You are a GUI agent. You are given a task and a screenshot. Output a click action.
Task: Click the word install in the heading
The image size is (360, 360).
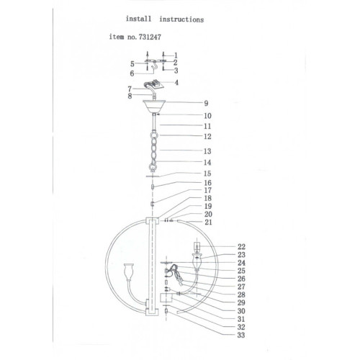[139, 19]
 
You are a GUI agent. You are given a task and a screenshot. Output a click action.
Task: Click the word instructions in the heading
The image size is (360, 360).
[181, 19]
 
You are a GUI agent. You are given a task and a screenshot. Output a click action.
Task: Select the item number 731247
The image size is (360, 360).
[149, 37]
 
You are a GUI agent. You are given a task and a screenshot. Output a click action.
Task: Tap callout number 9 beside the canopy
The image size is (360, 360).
[206, 104]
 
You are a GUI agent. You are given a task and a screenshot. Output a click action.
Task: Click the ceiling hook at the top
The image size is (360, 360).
[155, 66]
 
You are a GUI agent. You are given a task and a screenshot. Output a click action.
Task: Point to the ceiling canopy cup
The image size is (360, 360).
[154, 106]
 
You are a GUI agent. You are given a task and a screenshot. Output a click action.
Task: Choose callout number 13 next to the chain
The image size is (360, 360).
[207, 151]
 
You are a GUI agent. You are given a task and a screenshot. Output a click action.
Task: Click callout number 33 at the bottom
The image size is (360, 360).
[241, 335]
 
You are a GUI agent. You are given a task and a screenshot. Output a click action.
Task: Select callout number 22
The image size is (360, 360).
[242, 247]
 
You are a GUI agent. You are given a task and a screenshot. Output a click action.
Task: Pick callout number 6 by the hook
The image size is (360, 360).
[132, 73]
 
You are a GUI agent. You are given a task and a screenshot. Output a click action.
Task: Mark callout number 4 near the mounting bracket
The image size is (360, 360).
[176, 83]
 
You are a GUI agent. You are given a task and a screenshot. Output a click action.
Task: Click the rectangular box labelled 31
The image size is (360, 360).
[166, 297]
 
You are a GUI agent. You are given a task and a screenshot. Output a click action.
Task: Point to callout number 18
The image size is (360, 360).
[208, 198]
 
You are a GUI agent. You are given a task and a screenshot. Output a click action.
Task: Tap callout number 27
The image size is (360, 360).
[241, 287]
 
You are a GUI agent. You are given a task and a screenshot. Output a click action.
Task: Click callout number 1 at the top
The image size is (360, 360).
[176, 55]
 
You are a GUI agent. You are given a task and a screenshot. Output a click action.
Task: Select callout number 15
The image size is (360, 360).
[207, 174]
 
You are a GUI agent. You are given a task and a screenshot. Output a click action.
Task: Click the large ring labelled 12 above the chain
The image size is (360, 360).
[154, 135]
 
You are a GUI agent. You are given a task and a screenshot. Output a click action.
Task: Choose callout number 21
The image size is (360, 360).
[208, 222]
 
